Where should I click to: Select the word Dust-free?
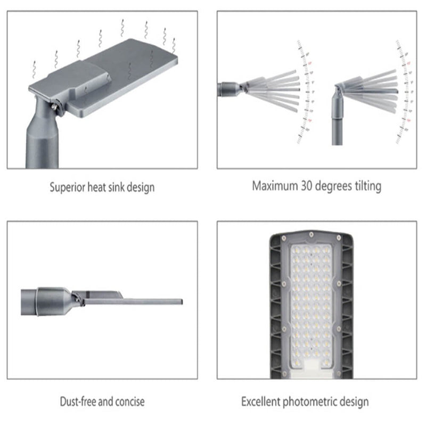pyautogui.click(x=79, y=402)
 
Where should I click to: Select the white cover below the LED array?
pyautogui.click(x=311, y=365)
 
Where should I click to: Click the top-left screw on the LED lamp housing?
pyautogui.click(x=282, y=235)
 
